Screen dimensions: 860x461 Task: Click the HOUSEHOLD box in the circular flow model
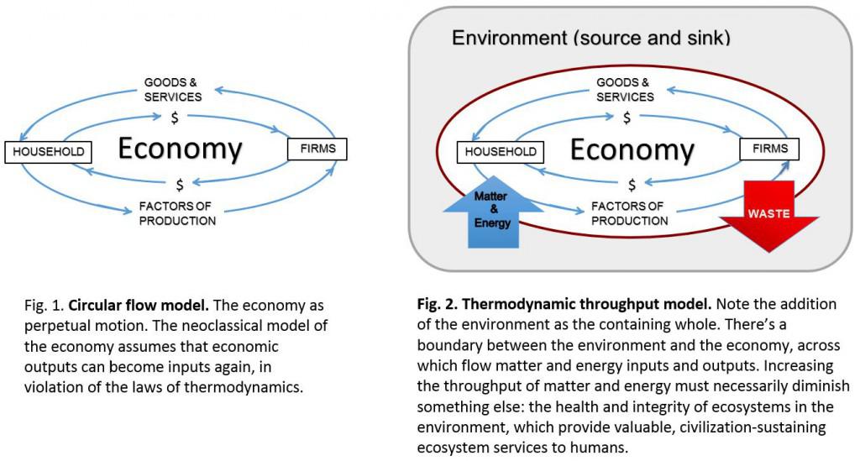click(48, 152)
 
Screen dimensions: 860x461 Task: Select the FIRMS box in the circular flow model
click(317, 149)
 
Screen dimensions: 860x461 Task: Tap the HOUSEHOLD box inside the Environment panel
click(501, 152)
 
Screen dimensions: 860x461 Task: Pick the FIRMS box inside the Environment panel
click(769, 149)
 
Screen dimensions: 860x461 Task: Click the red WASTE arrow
click(769, 215)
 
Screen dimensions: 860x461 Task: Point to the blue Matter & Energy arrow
click(493, 212)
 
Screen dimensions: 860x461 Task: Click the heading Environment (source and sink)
click(591, 38)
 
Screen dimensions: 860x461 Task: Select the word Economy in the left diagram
click(180, 149)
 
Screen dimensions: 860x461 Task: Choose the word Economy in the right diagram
click(632, 149)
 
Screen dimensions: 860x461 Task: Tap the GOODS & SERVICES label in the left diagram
click(173, 89)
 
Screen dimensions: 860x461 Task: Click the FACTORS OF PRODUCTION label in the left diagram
click(177, 213)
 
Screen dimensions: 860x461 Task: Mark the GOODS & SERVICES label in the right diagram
click(625, 89)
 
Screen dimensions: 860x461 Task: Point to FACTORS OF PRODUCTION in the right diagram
click(630, 213)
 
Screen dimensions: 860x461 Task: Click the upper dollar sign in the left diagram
click(175, 118)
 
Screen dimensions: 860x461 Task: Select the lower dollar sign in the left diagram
click(180, 186)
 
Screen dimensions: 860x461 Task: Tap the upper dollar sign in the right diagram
click(627, 118)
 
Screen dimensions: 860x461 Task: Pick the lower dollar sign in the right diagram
click(632, 186)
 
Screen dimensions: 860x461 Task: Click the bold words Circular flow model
click(139, 306)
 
